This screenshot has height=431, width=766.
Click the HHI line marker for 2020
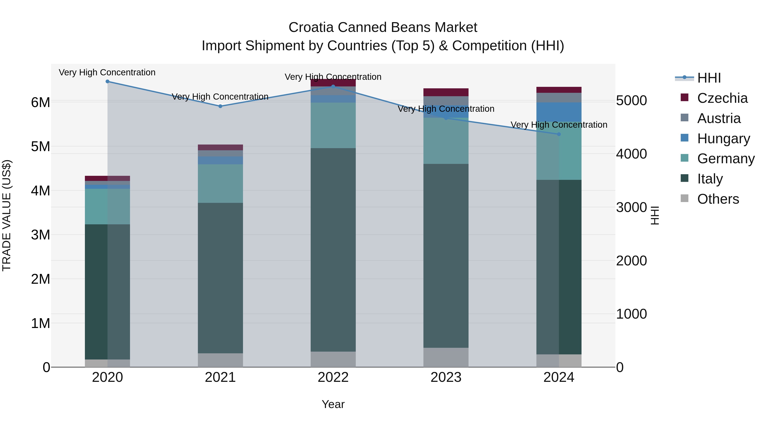coord(107,82)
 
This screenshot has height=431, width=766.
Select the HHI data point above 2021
coord(220,106)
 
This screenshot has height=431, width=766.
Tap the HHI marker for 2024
coord(559,134)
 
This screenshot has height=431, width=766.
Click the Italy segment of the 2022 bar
coord(333,250)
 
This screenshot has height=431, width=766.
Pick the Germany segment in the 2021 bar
coord(220,183)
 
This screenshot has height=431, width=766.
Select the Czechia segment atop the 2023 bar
coord(446,92)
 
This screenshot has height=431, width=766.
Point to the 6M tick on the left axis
coord(40,102)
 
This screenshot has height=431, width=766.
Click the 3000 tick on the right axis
coord(631,207)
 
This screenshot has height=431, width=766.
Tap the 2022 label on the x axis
coord(333,377)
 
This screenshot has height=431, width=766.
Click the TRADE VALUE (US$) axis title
coord(7,215)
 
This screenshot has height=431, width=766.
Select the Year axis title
coord(333,404)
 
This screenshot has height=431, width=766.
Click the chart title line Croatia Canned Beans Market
coord(383,27)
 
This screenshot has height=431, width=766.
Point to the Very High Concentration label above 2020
coord(107,72)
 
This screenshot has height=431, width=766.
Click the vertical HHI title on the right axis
coord(655,215)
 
